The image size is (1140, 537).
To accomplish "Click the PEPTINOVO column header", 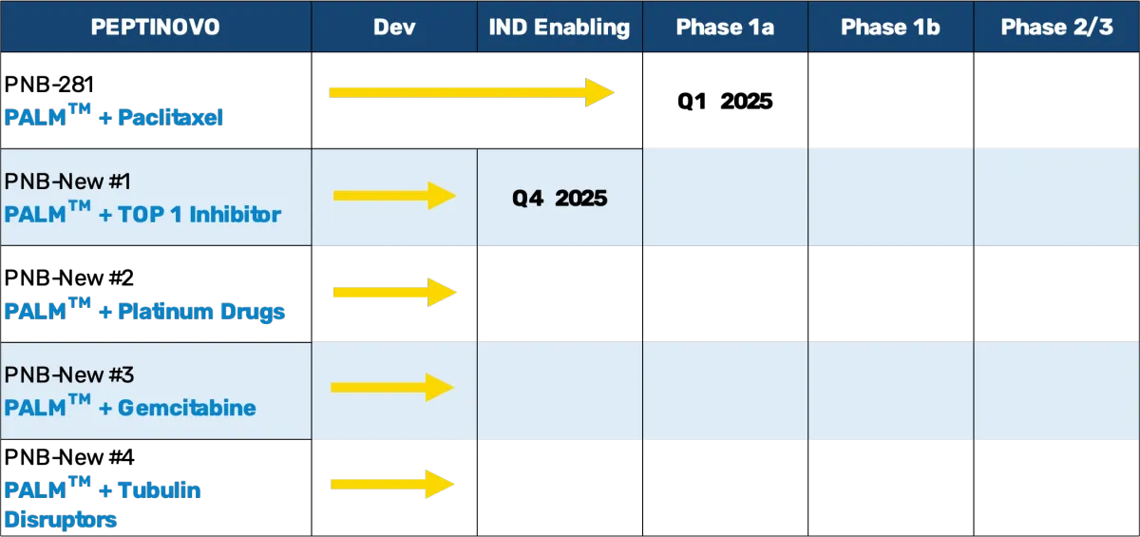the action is coord(155,27).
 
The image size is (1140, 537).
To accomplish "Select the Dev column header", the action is coord(394,27).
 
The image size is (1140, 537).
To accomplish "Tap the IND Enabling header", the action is coord(560,28).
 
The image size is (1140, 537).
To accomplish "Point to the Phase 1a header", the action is coord(725,27).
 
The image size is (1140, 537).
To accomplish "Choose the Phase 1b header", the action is coord(890,27).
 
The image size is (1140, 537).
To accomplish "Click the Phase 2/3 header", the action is coord(1057,27).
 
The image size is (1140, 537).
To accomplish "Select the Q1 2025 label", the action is coord(725,102).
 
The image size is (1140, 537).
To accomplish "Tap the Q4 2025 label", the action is coord(560,198).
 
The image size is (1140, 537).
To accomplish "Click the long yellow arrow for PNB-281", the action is coord(472,92).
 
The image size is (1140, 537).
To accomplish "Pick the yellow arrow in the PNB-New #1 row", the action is coord(395,196).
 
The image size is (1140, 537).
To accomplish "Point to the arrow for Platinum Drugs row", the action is coord(395,292).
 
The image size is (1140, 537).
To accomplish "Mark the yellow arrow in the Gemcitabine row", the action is coord(392,388).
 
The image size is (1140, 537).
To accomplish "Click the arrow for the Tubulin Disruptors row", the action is coord(392,484).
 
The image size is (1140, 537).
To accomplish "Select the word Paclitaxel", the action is coord(170,118).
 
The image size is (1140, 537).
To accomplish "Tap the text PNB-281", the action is coord(48,85).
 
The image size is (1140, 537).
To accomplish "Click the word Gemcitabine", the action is coord(187,409).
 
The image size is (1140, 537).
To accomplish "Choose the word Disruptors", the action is coord(61,520).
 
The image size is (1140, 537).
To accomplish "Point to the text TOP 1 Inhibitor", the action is coord(199,214).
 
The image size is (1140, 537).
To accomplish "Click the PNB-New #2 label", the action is coord(68,278).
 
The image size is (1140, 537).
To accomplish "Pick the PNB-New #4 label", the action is coord(69,457).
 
